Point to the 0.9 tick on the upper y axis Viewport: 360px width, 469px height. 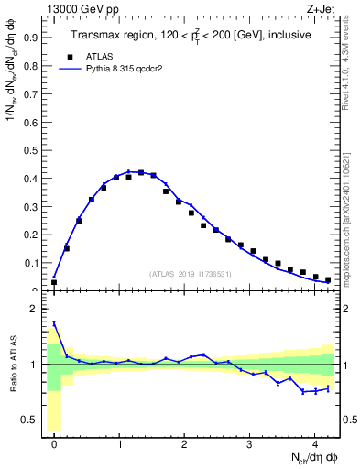coord(31,38)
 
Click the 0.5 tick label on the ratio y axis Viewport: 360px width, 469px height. coord(31,420)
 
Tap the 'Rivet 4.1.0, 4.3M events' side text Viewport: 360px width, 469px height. coord(351,64)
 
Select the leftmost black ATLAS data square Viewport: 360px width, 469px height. coord(54,282)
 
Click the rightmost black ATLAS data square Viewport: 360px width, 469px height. coord(327,279)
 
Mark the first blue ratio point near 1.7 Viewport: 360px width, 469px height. coord(54,323)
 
